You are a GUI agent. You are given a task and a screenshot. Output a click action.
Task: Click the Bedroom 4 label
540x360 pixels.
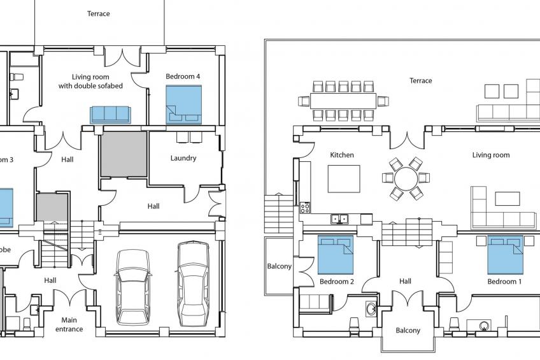coord(183,76)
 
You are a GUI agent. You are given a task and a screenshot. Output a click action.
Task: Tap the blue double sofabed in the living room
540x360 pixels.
coord(110,114)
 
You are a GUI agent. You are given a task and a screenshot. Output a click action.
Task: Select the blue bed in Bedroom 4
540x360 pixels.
coord(183,104)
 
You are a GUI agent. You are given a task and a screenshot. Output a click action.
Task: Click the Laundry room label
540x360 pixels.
coord(183,158)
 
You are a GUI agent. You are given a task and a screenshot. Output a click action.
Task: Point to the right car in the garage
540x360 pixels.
coord(193,280)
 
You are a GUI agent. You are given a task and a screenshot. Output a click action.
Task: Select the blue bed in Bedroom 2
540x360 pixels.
coord(336,255)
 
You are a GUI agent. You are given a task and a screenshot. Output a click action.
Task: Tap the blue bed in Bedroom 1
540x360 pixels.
coord(506,254)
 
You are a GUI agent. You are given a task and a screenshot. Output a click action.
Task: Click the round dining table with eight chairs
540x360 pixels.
coord(406,179)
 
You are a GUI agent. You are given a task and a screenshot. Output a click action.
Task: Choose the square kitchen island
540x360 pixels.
coord(344,178)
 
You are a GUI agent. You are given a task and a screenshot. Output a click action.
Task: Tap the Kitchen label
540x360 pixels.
coord(342,155)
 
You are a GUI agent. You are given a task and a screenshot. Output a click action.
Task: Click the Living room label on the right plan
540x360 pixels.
coord(490,155)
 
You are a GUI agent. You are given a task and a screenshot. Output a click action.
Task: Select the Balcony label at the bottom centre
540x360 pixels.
coord(408,331)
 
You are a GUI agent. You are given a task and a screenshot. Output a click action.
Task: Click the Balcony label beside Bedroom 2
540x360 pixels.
coord(280,266)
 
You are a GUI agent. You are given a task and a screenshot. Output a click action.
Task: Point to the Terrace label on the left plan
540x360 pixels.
coord(99,13)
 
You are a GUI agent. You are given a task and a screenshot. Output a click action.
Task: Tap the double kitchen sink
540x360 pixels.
coord(339,219)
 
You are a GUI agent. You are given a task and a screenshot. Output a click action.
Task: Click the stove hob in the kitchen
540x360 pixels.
coord(305,207)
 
